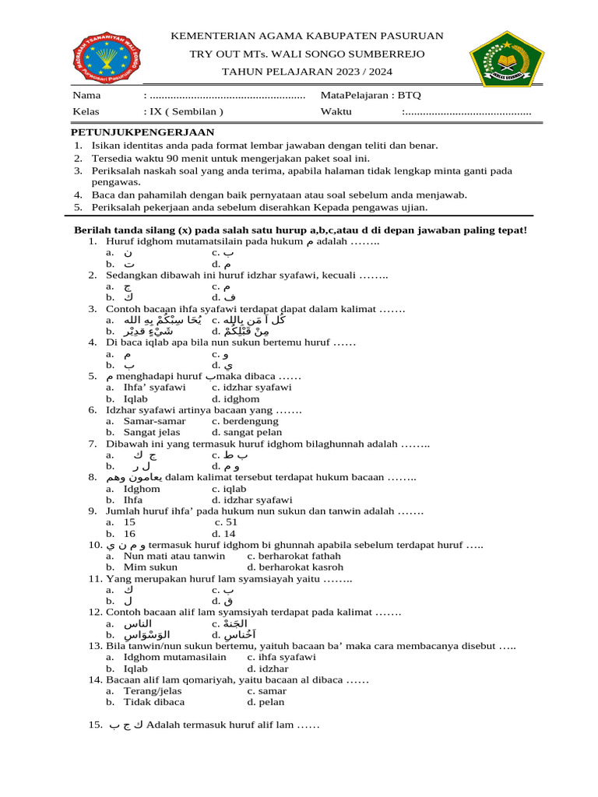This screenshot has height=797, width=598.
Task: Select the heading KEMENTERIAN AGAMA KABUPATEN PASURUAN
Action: pos(307,36)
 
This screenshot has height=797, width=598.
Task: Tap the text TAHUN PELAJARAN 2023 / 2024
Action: pos(307,72)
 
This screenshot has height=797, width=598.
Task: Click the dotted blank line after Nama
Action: pos(226,96)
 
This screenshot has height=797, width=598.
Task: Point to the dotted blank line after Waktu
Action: pos(466,112)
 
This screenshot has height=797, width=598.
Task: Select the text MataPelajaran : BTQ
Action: pos(371,95)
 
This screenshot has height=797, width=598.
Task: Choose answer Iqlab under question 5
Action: pos(135,398)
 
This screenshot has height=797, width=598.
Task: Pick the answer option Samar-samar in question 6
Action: pos(154,421)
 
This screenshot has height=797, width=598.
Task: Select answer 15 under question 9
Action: pos(129,522)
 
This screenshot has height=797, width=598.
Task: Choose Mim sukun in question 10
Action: pos(150,567)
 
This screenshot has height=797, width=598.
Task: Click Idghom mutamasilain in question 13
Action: pos(175,657)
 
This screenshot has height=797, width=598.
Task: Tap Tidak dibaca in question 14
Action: pos(152,702)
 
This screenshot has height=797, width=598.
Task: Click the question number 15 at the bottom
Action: pos(95,725)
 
